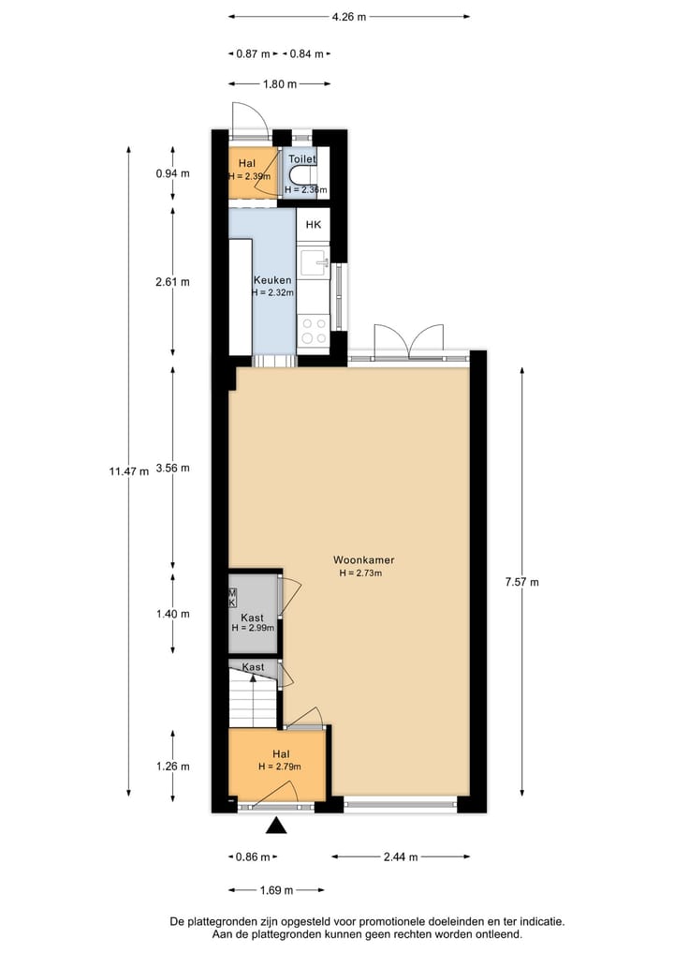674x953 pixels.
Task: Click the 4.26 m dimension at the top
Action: (349, 16)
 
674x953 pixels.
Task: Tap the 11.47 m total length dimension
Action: (129, 471)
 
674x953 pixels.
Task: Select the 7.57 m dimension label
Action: (521, 582)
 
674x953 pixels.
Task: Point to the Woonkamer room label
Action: (357, 560)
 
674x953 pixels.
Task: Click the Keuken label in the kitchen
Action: (272, 280)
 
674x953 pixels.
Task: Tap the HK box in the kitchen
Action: (314, 225)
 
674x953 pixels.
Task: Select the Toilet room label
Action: (302, 160)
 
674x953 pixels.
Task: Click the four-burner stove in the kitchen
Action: (313, 331)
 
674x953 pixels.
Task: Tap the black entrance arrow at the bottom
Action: (277, 826)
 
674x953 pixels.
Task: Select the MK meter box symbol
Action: (233, 598)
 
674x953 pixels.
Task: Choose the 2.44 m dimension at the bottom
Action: (401, 856)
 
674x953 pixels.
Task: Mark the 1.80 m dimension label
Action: (278, 84)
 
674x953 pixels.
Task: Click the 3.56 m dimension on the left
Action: (173, 468)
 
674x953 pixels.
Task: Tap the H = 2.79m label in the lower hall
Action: (279, 767)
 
